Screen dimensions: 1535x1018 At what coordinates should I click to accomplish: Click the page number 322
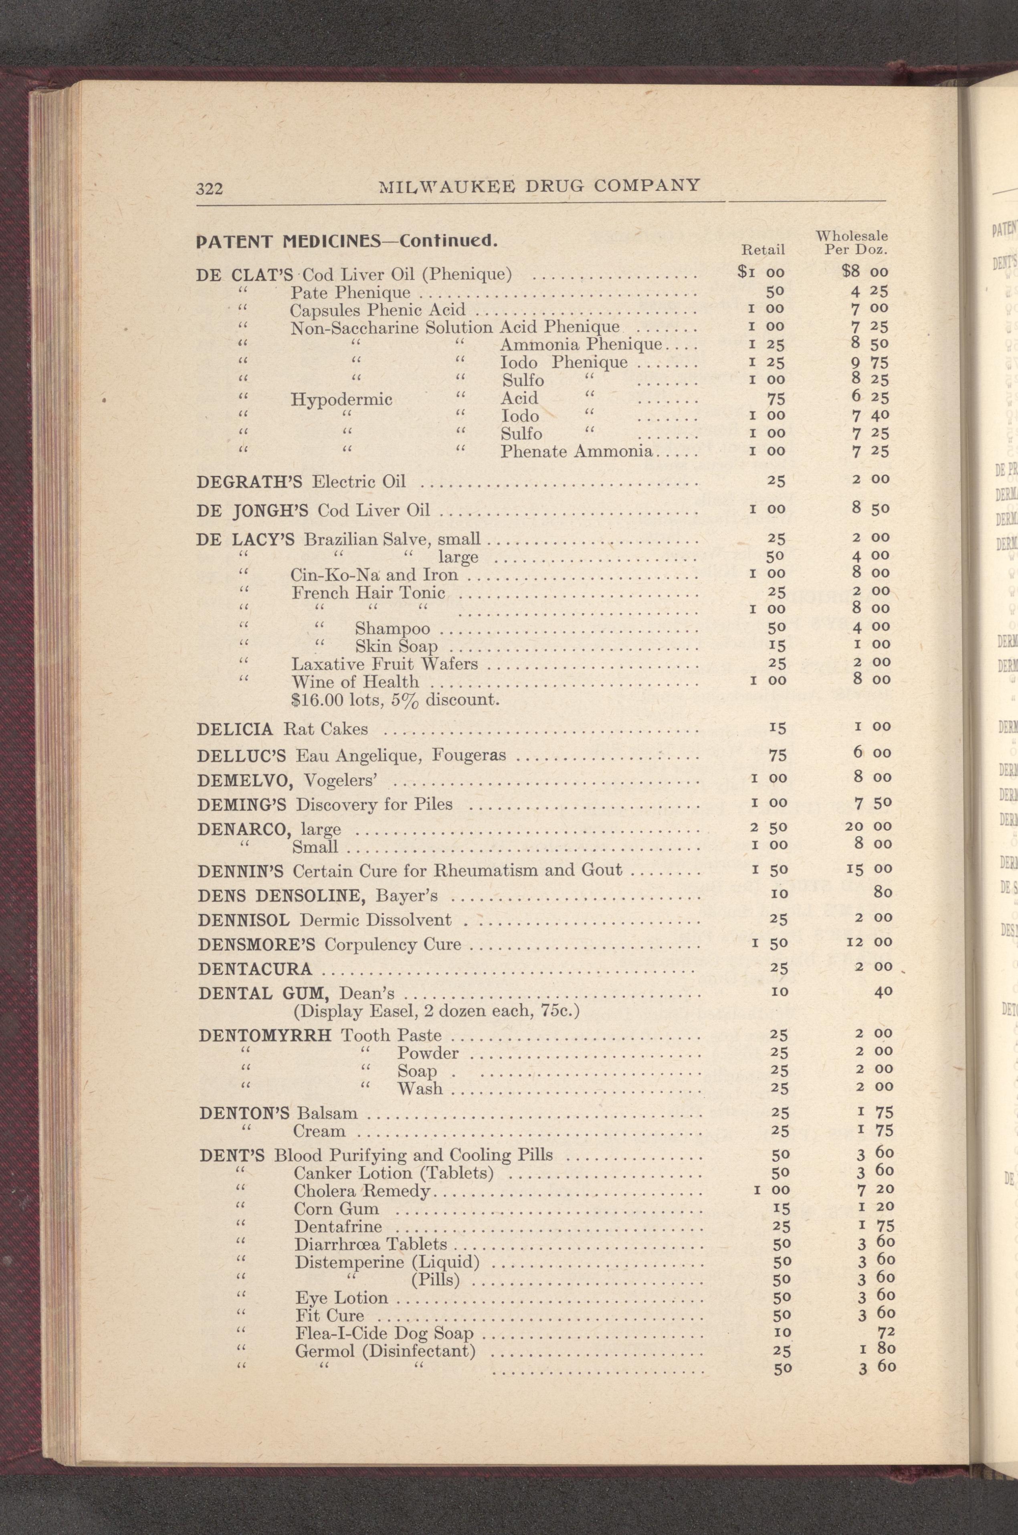click(x=210, y=189)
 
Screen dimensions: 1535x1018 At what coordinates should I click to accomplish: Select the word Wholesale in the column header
click(x=852, y=236)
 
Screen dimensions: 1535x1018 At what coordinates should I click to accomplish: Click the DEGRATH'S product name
click(x=252, y=482)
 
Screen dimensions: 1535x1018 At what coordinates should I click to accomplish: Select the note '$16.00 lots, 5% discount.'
click(x=396, y=700)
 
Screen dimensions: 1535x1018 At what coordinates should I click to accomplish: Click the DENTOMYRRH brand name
click(x=267, y=1036)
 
